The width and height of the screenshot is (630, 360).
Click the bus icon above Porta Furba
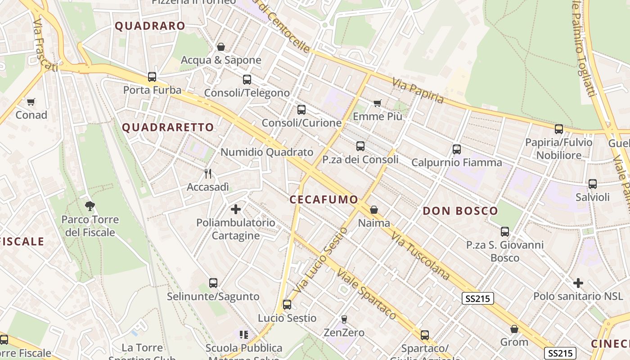point(152,77)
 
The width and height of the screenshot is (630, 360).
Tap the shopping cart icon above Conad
point(31,102)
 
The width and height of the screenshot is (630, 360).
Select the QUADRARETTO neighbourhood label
point(168,127)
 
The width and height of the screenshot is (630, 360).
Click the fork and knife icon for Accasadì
point(208,174)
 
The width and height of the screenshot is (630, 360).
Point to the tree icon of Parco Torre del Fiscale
point(90,206)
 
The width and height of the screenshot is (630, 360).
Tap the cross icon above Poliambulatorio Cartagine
point(236,209)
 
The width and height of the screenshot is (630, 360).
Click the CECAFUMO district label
point(324,199)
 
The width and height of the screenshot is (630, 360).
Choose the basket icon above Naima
point(374,210)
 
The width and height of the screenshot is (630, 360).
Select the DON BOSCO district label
point(460,211)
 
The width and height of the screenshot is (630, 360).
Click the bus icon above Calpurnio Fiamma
point(457,149)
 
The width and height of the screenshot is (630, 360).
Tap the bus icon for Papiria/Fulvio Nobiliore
point(559,129)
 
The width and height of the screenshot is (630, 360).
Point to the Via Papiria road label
point(418,90)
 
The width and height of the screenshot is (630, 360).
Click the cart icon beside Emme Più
point(378,103)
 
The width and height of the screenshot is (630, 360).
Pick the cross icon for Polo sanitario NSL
point(578,283)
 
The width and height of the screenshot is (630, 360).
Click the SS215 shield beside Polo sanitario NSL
point(478,298)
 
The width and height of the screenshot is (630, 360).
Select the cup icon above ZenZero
point(344,319)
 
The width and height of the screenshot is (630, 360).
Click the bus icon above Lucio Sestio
point(287,305)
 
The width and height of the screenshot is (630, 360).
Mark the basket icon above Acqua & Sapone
point(221,47)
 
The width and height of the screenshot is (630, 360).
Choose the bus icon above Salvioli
point(593,184)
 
